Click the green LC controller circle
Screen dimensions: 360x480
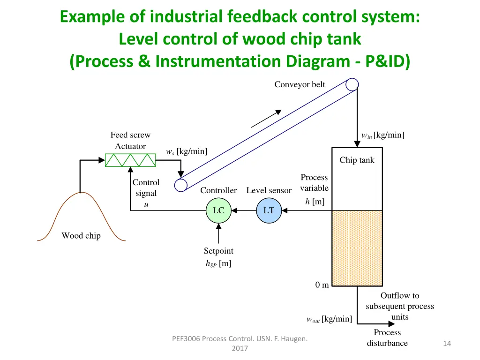coord(218,211)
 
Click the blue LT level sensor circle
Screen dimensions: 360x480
coord(269,211)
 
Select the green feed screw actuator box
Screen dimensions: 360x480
coord(130,160)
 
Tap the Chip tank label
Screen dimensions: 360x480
coord(357,160)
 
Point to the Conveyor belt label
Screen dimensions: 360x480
coord(300,84)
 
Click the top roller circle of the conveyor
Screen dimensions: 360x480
coord(352,84)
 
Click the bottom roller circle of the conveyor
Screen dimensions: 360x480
coord(181,185)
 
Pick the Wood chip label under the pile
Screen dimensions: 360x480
coord(81,236)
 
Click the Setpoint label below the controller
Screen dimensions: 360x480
coord(218,251)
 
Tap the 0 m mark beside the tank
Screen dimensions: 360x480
coord(322,285)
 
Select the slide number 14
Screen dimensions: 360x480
coord(447,344)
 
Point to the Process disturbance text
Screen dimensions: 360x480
coord(387,337)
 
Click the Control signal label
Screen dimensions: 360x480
coord(146,188)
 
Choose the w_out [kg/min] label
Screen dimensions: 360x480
coord(329,319)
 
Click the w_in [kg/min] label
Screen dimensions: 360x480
coord(382,135)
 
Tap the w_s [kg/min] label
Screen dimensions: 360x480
coord(187,151)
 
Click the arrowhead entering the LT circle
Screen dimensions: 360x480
coord(284,211)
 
